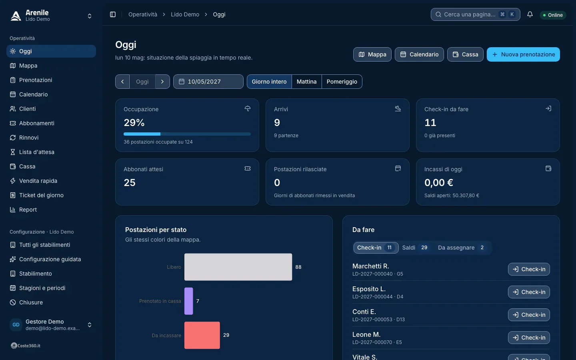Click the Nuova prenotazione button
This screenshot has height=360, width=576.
click(523, 54)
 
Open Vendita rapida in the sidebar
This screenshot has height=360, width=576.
click(38, 181)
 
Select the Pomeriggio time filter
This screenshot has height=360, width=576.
click(342, 82)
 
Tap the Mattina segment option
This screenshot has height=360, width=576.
click(306, 82)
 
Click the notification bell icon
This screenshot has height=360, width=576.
click(530, 14)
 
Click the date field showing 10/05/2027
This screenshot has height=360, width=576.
click(208, 82)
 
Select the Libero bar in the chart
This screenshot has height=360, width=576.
click(238, 267)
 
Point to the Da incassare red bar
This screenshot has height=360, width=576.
click(202, 335)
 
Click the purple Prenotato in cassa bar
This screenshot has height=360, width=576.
click(188, 301)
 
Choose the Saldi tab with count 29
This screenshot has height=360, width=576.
click(415, 248)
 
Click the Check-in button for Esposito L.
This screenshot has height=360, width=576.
click(529, 292)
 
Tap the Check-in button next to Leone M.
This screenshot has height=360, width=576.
click(529, 337)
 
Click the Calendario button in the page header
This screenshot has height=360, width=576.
click(419, 54)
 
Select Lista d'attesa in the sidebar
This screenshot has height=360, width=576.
click(36, 152)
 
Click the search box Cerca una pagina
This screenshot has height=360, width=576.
click(475, 14)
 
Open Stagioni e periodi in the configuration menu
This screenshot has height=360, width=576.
click(42, 288)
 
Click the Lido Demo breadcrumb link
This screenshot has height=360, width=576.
click(185, 14)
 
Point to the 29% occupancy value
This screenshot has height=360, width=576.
click(134, 122)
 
